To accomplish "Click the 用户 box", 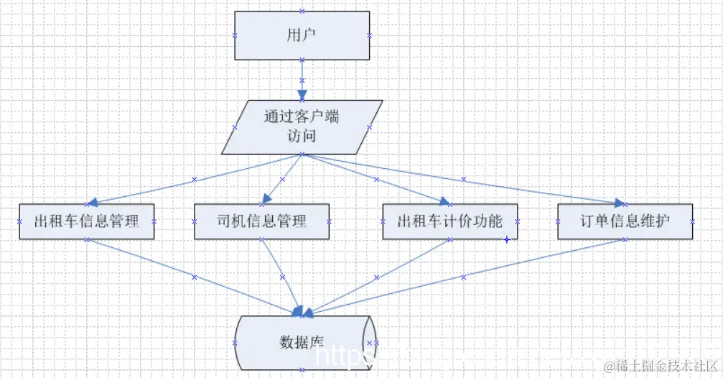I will tap(302, 34).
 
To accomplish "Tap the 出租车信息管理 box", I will tap(86, 221).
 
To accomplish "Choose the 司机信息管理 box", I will tap(261, 221).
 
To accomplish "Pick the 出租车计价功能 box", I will tap(450, 221).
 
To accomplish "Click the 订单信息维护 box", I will tap(624, 221).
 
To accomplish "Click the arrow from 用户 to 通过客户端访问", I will tap(302, 76).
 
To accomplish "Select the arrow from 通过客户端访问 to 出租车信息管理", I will tap(195, 179).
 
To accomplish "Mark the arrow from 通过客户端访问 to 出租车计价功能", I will tap(376, 179).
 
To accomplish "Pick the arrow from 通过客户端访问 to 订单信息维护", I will tap(464, 178).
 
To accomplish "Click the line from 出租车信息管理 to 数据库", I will tap(195, 277).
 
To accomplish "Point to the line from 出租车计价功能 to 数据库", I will tap(376, 277).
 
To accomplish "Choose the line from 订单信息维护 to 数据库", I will tap(464, 277).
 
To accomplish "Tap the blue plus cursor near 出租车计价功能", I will tap(506, 239).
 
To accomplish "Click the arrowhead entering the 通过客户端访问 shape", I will tap(302, 94).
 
